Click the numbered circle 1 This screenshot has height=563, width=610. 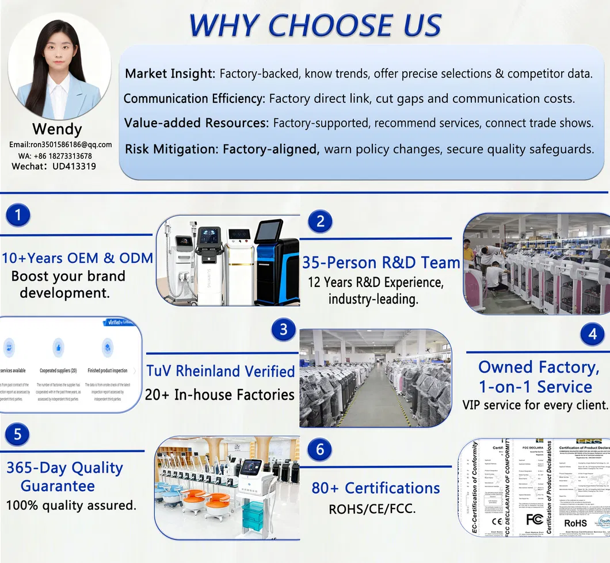[19, 215]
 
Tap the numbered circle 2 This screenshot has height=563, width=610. [321, 221]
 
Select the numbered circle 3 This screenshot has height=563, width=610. [283, 330]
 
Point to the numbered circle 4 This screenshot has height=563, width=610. [592, 334]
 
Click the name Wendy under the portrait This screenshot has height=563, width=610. [57, 129]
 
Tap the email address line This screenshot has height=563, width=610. [60, 145]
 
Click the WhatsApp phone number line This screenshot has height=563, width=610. [55, 156]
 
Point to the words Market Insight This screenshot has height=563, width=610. [170, 74]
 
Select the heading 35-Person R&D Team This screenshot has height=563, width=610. [381, 263]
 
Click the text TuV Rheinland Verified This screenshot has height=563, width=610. [220, 371]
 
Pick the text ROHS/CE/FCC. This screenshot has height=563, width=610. [372, 510]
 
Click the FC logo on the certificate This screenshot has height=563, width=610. [533, 520]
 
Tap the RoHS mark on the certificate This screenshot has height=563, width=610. [575, 523]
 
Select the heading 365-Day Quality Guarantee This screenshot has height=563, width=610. [64, 477]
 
